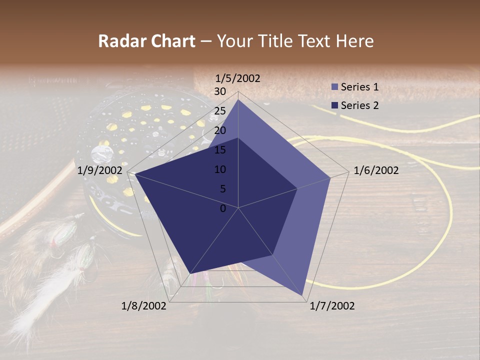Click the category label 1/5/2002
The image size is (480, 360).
[237, 78]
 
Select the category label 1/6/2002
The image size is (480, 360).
[376, 171]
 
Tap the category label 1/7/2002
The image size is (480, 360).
[332, 306]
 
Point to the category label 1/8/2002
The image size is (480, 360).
[144, 306]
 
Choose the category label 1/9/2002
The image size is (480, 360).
[100, 171]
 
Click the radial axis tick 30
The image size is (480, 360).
[220, 91]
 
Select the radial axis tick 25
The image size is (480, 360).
[220, 111]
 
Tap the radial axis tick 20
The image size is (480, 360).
[220, 130]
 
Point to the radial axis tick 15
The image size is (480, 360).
[220, 150]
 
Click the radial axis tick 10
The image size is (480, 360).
[220, 169]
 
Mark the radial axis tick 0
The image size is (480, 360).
[223, 208]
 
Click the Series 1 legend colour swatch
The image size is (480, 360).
[335, 87]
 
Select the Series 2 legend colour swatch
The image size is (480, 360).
[335, 105]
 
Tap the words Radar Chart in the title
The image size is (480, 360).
[146, 41]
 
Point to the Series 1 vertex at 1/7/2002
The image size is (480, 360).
[303, 296]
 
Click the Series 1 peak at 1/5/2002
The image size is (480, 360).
[238, 99]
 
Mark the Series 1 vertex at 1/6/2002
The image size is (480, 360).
[330, 177]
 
